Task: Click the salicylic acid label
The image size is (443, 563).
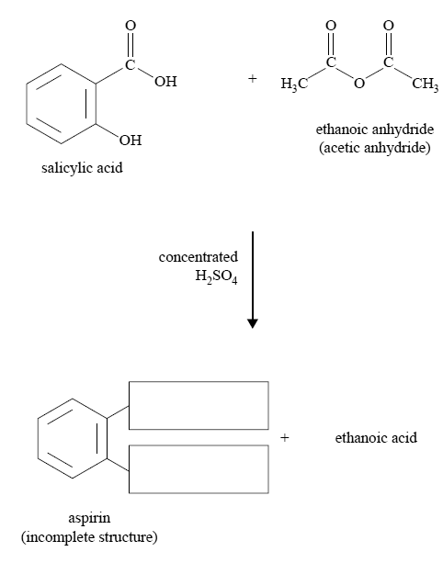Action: (82, 168)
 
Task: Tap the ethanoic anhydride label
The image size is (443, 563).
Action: (375, 129)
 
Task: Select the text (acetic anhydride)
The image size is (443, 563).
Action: (375, 148)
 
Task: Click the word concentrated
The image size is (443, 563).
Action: (199, 257)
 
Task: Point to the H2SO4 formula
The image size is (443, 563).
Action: (216, 276)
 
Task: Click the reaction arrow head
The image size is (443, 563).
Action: (253, 323)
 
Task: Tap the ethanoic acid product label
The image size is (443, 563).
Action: (376, 438)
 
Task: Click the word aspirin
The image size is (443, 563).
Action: (89, 519)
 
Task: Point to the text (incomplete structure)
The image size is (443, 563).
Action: (89, 537)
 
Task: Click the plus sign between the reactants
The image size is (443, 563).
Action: (253, 78)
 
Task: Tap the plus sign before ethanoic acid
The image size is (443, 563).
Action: (285, 438)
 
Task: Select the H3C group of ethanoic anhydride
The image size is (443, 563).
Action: (294, 84)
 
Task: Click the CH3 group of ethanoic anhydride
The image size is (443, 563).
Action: (426, 84)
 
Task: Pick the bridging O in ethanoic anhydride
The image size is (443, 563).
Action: (359, 84)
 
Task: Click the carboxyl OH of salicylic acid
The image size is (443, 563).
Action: (165, 82)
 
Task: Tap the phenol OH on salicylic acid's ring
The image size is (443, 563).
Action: (131, 140)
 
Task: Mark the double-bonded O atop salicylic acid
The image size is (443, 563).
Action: (131, 26)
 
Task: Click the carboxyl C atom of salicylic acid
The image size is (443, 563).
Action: (131, 65)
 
